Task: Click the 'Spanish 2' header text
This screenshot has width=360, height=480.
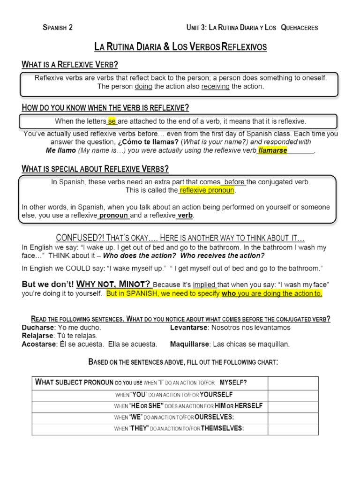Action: pos(58,28)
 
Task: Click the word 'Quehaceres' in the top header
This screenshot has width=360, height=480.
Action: pos(299,28)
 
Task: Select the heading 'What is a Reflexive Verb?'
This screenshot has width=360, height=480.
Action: pos(70,64)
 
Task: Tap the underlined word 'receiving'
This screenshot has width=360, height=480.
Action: pos(215,87)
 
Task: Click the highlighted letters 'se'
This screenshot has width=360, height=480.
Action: pos(112,121)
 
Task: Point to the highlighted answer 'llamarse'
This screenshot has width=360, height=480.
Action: pos(272,150)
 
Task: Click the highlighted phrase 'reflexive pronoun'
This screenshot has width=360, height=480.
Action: pos(206,191)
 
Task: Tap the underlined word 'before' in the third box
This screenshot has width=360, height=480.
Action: pos(233,182)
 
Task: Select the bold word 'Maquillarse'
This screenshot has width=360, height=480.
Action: pos(189,345)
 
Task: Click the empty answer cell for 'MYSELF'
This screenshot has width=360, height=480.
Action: pos(293,382)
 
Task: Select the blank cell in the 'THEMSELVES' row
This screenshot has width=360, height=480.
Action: pos(293,428)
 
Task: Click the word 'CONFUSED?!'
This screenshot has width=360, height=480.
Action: pos(77,238)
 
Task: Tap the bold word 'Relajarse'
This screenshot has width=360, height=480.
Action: pos(38,336)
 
